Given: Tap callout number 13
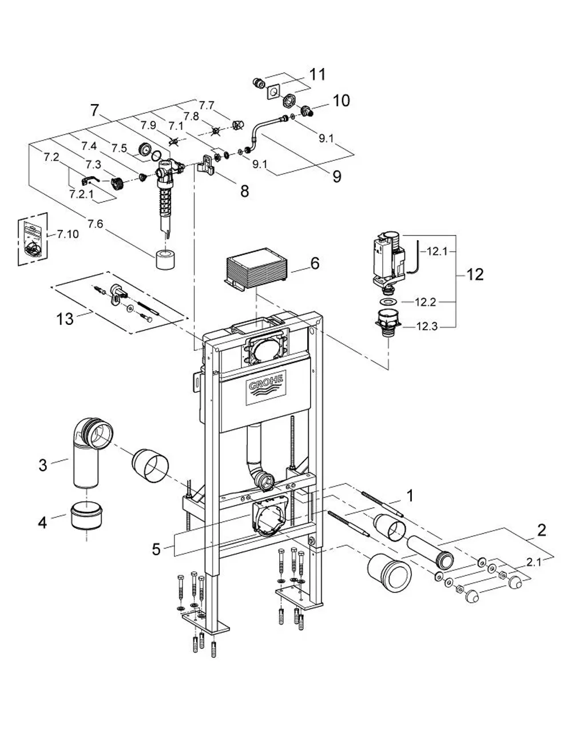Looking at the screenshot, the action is [65, 319].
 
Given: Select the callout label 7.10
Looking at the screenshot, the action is [67, 234].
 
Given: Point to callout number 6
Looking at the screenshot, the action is [315, 263].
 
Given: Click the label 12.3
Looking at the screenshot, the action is [427, 327].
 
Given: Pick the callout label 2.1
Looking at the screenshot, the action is [534, 563].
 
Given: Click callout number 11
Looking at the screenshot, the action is [317, 74].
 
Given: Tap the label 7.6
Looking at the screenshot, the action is [95, 224].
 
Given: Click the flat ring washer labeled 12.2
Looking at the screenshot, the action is [388, 301].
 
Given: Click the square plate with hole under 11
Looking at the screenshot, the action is [273, 92].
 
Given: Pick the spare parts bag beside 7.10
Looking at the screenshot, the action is [33, 239].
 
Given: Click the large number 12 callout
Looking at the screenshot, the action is [475, 274].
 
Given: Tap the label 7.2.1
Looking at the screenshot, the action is [81, 194].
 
